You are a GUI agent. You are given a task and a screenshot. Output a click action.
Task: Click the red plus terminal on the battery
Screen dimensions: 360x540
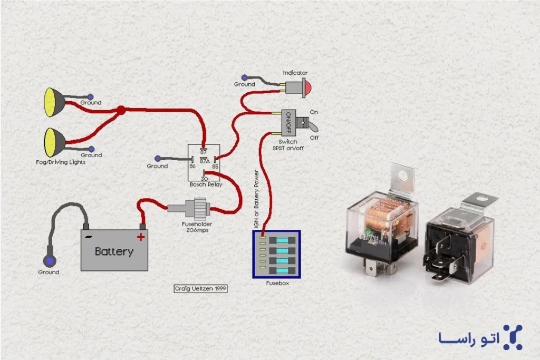141,237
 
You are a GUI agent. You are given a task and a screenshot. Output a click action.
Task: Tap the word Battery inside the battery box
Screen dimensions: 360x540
114,251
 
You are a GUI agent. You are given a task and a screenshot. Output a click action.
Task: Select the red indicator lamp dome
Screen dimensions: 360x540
306,86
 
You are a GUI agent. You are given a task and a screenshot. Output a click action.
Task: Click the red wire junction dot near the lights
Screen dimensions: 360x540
121,111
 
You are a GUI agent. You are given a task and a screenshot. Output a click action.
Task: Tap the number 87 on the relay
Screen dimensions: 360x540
203,152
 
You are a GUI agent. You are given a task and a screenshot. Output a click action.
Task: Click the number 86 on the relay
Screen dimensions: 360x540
192,166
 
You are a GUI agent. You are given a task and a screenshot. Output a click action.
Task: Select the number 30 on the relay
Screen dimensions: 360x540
204,179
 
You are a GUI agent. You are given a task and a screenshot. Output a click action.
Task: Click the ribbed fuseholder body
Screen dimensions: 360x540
200,209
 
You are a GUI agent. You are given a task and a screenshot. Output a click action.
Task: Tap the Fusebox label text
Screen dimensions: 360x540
277,283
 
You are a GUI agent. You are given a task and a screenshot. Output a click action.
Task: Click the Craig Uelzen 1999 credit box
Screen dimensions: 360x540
200,289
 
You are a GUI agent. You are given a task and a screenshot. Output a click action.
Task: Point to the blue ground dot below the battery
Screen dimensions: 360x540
50,261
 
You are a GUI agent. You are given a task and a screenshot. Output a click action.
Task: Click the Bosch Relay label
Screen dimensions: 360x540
206,185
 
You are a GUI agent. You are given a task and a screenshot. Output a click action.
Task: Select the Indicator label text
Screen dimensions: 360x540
295,73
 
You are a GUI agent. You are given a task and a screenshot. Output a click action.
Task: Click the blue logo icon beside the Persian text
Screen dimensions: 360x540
512,337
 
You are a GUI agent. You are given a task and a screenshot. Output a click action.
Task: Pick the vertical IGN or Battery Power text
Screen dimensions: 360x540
257,195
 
